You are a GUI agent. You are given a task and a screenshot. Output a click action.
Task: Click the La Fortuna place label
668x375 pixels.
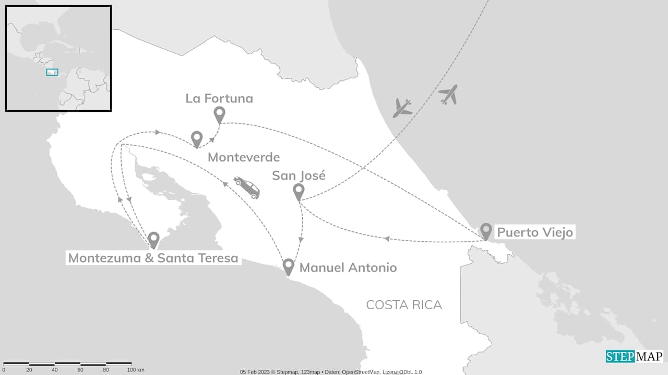219,98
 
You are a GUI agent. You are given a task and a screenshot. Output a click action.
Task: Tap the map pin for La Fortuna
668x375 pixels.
220,114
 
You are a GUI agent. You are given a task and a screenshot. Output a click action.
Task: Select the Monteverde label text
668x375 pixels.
244,157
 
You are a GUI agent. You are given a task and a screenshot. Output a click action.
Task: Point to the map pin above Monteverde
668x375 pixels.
197,138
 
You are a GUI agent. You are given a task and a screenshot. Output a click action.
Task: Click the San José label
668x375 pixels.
299,175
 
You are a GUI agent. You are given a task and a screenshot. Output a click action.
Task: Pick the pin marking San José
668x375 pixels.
299,191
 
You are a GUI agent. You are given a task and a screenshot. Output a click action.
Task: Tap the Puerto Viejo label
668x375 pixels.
534,232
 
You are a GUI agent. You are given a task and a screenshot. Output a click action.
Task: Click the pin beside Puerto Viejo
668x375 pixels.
486,230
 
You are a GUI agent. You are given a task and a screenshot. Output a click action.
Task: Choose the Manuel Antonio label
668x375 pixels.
348,268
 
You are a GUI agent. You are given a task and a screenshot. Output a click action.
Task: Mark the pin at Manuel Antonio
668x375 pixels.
288,266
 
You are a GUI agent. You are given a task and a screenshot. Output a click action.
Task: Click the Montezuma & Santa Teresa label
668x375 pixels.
153,258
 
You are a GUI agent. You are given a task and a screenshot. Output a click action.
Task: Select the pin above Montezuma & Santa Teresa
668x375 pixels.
153,239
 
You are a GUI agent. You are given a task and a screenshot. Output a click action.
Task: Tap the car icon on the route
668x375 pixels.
247,187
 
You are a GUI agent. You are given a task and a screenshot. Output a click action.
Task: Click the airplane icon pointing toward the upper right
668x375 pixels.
448,94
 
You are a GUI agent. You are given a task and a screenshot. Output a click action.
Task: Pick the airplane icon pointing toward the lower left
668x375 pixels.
402,108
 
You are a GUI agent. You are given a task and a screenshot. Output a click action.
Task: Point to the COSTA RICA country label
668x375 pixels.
404,305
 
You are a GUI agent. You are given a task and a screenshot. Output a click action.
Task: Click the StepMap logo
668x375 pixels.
634,356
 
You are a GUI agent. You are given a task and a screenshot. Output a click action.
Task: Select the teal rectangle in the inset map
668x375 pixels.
52,72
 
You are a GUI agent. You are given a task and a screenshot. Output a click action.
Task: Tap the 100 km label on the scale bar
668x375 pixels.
135,370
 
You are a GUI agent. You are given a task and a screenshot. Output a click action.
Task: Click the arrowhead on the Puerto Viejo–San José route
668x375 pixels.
386,239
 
